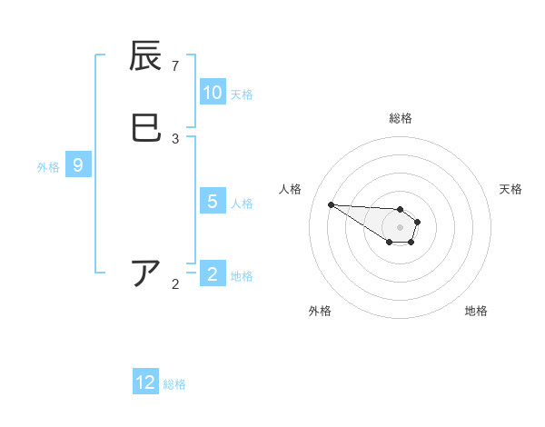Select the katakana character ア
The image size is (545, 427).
tap(145, 273)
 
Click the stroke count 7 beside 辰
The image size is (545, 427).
tap(175, 66)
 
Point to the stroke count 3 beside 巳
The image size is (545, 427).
tap(175, 139)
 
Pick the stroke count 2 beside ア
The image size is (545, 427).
tap(175, 284)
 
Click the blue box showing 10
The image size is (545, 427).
tap(213, 93)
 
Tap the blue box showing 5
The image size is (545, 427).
tap(213, 202)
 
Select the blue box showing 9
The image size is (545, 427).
tap(78, 165)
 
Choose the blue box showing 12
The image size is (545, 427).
tap(145, 382)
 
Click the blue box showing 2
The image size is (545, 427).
tap(213, 274)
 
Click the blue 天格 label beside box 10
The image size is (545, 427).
tap(242, 94)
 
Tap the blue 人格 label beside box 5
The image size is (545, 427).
tap(242, 204)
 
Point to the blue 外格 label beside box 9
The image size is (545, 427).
tap(48, 167)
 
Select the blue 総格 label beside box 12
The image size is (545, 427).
tap(174, 384)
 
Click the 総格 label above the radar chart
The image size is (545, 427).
tap(401, 118)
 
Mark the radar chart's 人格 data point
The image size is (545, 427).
tap(331, 204)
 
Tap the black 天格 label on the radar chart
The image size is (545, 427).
tap(510, 189)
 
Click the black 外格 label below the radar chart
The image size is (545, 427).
tap(320, 311)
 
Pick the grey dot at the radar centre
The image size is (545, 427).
tap(400, 227)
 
